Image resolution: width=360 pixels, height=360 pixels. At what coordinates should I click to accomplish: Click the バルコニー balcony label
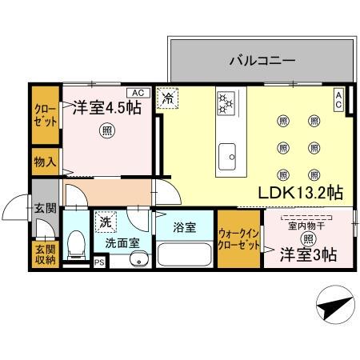[x=262, y=60]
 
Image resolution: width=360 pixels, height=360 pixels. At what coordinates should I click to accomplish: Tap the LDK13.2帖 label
[x=300, y=193]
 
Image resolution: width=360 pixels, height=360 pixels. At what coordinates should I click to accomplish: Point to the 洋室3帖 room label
[x=307, y=254]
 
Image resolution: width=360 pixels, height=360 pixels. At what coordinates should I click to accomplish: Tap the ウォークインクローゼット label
[x=238, y=238]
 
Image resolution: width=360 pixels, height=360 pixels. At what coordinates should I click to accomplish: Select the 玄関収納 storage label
[x=45, y=256]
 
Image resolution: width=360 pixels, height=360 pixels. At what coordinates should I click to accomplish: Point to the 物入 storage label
[x=45, y=162]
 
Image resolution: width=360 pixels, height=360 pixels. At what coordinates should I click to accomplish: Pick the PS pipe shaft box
[x=100, y=262]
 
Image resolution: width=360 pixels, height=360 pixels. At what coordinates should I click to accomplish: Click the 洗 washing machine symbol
[x=106, y=219]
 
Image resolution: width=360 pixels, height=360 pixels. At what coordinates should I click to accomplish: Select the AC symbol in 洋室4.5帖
[x=136, y=92]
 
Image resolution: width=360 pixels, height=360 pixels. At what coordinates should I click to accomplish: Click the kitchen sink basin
[x=226, y=152]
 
